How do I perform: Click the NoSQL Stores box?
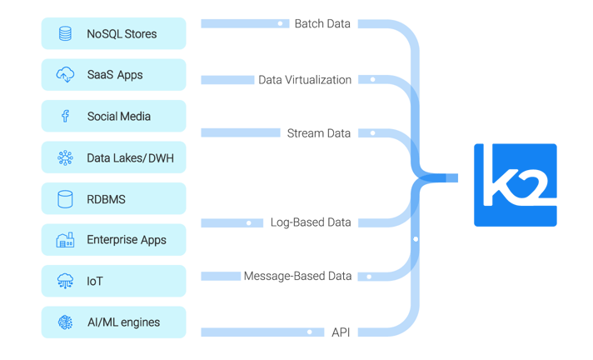point(113,34)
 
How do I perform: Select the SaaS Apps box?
point(113,75)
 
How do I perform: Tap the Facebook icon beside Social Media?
point(65,116)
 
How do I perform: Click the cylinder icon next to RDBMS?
point(65,199)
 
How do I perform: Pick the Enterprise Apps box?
point(113,240)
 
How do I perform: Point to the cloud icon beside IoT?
point(65,282)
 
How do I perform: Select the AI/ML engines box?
point(113,322)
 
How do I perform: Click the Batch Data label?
point(322,23)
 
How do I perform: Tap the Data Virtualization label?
point(305,80)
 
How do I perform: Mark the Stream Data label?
point(319,133)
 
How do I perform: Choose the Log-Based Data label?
point(311,222)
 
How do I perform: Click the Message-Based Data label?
point(297,276)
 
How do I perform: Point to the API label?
point(341,332)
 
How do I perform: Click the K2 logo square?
point(515,185)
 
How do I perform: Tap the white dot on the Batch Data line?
point(281,24)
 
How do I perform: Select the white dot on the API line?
point(309,332)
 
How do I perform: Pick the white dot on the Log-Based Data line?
point(248,223)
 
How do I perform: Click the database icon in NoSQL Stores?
point(65,34)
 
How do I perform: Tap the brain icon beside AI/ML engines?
point(65,322)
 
